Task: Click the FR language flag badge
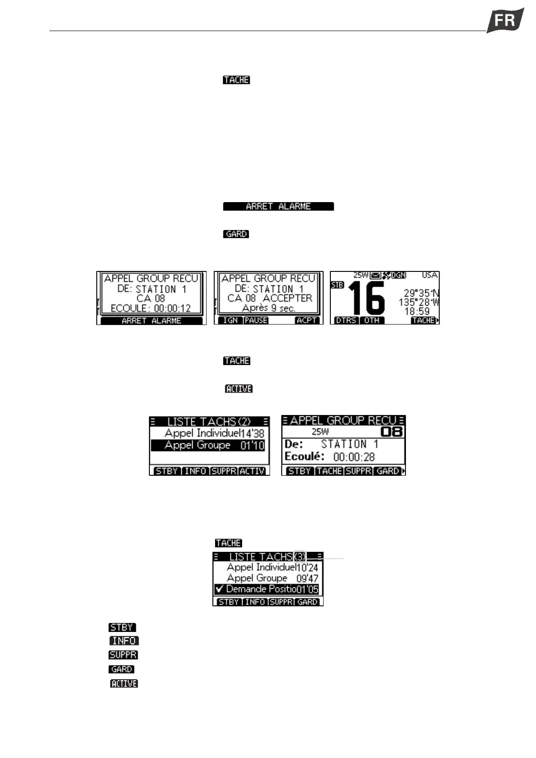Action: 505,20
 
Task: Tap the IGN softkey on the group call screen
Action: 230,320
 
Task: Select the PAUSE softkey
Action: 256,320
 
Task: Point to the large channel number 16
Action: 366,298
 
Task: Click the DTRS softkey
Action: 346,320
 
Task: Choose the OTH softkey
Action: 372,320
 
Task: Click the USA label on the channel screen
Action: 430,275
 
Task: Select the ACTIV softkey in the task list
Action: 252,471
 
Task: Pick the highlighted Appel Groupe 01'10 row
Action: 209,445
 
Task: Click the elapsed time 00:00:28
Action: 354,457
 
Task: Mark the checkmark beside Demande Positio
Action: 220,589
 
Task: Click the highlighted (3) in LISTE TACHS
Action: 300,557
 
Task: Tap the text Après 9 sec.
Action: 268,308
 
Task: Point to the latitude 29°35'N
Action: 421,293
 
